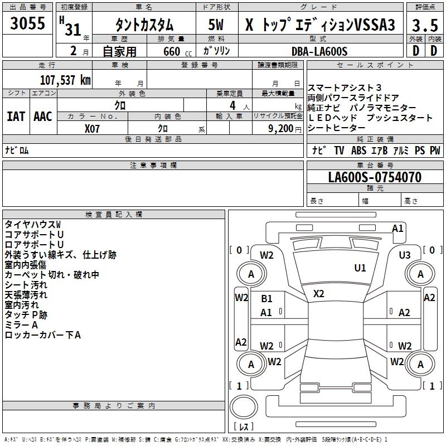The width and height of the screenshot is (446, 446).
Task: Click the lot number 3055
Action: click(28, 24)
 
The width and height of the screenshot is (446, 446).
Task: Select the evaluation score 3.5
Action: click(425, 26)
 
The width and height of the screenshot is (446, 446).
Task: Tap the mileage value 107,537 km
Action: click(65, 80)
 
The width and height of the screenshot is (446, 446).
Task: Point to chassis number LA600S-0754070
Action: click(375, 178)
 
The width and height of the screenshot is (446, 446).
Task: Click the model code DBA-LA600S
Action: click(319, 51)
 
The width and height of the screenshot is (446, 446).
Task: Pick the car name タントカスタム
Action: click(144, 26)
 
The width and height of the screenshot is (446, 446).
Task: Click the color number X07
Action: click(93, 128)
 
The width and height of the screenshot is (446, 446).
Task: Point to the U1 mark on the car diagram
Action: click(360, 268)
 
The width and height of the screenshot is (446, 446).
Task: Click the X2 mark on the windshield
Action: click(319, 294)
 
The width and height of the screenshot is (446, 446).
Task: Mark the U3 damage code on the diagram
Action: click(405, 255)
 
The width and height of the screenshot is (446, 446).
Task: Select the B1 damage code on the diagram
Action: click(266, 299)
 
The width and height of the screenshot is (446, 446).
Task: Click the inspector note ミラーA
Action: click(21, 325)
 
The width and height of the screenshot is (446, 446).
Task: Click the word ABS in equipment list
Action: click(358, 151)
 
